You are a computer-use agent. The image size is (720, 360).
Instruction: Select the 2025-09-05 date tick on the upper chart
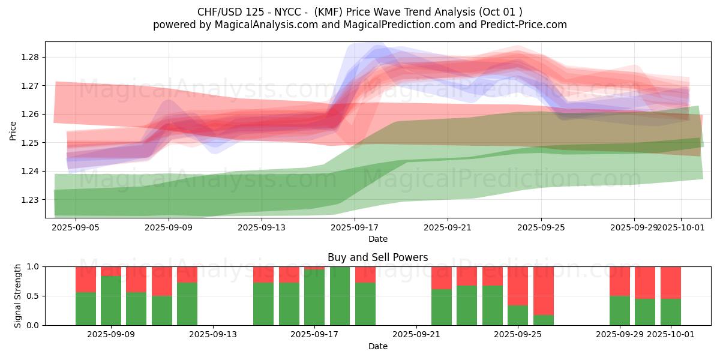coord(76,227)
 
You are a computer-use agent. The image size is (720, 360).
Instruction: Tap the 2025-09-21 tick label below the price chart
coord(448,227)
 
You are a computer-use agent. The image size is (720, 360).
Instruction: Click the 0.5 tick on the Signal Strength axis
coord(34,296)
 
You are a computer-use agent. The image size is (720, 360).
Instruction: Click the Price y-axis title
coord(13,130)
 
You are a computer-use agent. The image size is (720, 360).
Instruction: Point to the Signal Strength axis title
coord(18,296)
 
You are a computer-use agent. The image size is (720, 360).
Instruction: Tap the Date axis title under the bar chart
coord(378,346)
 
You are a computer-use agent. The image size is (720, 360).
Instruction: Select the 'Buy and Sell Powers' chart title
coord(378,257)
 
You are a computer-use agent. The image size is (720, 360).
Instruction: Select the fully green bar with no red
coord(340,296)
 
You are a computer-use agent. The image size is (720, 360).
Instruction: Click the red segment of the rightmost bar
coord(671,283)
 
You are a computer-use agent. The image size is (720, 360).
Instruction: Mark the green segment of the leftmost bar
coord(86,309)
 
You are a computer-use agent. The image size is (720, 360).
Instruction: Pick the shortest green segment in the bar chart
coord(544,320)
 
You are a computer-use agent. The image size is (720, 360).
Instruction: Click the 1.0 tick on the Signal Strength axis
coord(34,267)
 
